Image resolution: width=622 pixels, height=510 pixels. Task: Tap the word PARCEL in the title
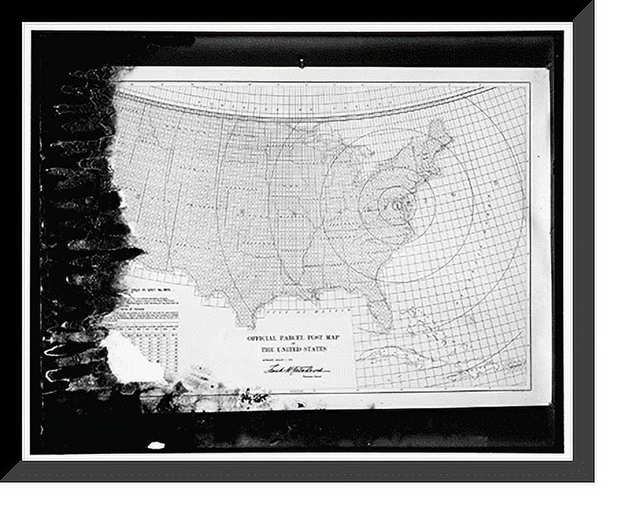pos(292,338)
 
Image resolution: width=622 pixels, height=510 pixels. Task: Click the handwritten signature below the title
pos(296,369)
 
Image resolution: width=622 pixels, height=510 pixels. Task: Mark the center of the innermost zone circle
pos(396,204)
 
